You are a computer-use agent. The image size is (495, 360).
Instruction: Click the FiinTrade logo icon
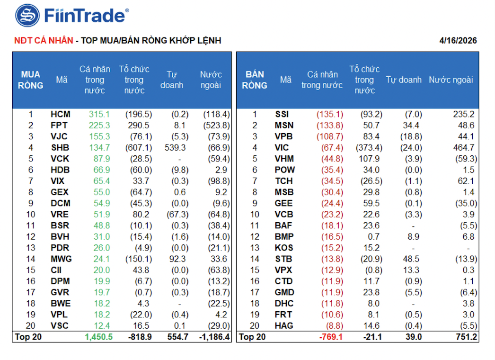[x=27, y=16]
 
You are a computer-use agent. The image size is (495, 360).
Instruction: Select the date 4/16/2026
[x=458, y=41]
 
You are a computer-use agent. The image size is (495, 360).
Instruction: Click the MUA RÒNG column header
[x=31, y=80]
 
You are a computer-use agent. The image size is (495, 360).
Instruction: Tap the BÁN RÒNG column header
[x=254, y=80]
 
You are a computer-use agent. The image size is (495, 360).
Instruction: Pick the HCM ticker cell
[x=60, y=114]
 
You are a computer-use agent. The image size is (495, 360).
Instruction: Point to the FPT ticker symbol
[x=60, y=126]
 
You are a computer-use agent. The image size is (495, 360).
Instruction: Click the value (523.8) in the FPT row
[x=216, y=126]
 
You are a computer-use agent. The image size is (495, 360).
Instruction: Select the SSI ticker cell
[x=282, y=114]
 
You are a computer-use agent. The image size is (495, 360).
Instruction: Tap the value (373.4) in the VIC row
[x=367, y=148]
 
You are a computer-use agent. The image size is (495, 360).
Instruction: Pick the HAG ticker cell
[x=284, y=325]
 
